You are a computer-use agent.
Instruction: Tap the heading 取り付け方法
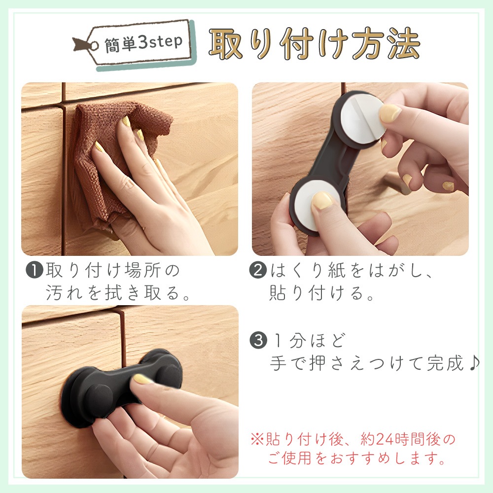tap(315, 44)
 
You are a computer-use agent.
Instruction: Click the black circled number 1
tap(35, 270)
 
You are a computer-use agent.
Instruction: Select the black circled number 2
tap(258, 270)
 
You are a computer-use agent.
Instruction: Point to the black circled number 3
tap(258, 340)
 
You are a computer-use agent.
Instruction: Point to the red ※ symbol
tap(257, 439)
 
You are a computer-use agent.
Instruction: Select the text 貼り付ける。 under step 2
tap(321, 293)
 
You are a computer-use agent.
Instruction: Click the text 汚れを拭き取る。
tap(118, 293)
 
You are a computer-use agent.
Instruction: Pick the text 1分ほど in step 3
tap(309, 341)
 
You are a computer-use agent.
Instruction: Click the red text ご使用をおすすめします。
tap(357, 458)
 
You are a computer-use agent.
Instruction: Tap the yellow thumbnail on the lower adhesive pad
tap(322, 200)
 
